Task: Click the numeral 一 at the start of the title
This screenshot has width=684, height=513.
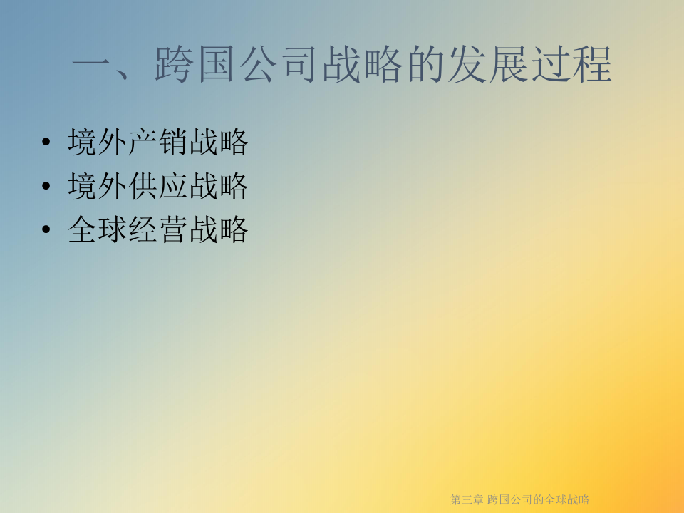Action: pos(91,65)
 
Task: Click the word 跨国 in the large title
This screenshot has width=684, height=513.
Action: pos(195,65)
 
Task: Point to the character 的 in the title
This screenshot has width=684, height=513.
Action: pos(426,65)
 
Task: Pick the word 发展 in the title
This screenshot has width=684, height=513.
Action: pos(489,65)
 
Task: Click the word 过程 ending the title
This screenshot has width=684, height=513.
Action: pos(572,65)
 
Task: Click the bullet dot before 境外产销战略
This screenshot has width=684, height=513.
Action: pos(46,142)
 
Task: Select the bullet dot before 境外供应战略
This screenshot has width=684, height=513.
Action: pos(46,186)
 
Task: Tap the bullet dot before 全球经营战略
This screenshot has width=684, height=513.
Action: pos(46,229)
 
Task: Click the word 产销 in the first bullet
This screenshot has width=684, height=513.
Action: pos(158,142)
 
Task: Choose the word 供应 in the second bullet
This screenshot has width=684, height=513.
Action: pos(158,186)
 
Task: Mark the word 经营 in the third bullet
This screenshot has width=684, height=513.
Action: pos(158,229)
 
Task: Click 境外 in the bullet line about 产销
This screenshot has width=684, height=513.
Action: pos(98,142)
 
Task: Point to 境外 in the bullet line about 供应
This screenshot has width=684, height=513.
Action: pos(98,186)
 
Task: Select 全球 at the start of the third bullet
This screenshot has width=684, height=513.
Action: pos(98,229)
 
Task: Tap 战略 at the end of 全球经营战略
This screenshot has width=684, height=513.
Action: pos(219,229)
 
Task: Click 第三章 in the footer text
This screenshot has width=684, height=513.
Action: pos(467,499)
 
